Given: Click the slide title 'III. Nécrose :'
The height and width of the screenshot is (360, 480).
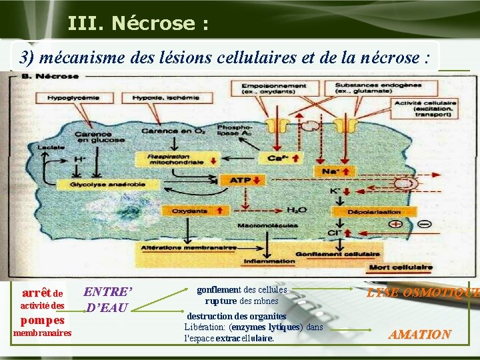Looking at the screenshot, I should pos(138,24).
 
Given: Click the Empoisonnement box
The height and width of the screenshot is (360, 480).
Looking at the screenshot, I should pos(273,88).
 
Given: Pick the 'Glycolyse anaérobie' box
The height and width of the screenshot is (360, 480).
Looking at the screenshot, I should pos(101,184).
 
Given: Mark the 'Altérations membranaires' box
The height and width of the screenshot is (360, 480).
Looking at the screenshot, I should pos(188,247).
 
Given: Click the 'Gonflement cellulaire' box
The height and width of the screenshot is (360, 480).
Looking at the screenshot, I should pos(347,254).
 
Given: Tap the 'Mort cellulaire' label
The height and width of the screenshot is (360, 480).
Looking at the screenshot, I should pos(401,268).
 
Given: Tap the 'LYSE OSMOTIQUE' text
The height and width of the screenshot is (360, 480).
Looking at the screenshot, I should pos(423,293).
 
